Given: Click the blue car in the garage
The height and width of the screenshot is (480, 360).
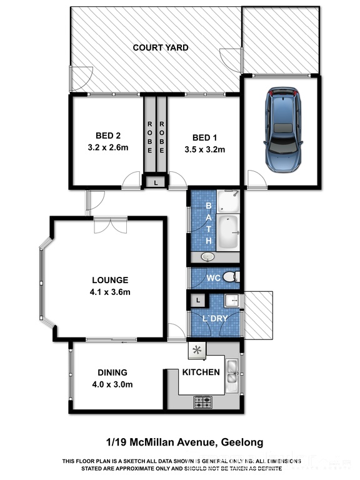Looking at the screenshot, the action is (283, 130).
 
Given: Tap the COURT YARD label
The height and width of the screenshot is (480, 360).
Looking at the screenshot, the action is (161, 47).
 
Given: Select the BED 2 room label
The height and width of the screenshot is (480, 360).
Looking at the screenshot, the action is (108, 136).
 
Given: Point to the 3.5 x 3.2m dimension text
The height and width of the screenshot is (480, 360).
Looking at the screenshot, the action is (205, 150).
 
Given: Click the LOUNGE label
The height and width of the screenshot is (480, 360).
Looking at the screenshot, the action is (110, 280).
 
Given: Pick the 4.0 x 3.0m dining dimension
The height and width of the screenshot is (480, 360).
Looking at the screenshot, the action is (112, 384).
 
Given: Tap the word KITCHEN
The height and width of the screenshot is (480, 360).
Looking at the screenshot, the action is (201, 372).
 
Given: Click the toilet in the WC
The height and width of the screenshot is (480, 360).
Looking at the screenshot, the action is (231, 277).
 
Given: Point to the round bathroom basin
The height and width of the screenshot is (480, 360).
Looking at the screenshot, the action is (208, 256).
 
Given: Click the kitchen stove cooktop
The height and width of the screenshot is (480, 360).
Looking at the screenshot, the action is (202, 402).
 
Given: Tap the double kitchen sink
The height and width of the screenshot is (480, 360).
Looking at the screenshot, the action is (232, 375).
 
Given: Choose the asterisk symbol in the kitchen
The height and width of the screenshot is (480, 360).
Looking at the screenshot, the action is (197, 350).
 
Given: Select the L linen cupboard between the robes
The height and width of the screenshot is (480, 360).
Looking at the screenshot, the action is (156, 182).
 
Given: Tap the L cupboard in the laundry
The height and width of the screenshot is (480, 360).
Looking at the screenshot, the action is (198, 301).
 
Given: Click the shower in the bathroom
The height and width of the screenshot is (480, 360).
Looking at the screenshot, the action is (228, 201).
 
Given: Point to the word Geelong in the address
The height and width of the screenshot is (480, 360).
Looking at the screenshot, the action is (242, 442).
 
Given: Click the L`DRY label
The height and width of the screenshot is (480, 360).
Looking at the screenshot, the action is (215, 319).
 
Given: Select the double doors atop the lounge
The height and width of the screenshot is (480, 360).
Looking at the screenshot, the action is (111, 225).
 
